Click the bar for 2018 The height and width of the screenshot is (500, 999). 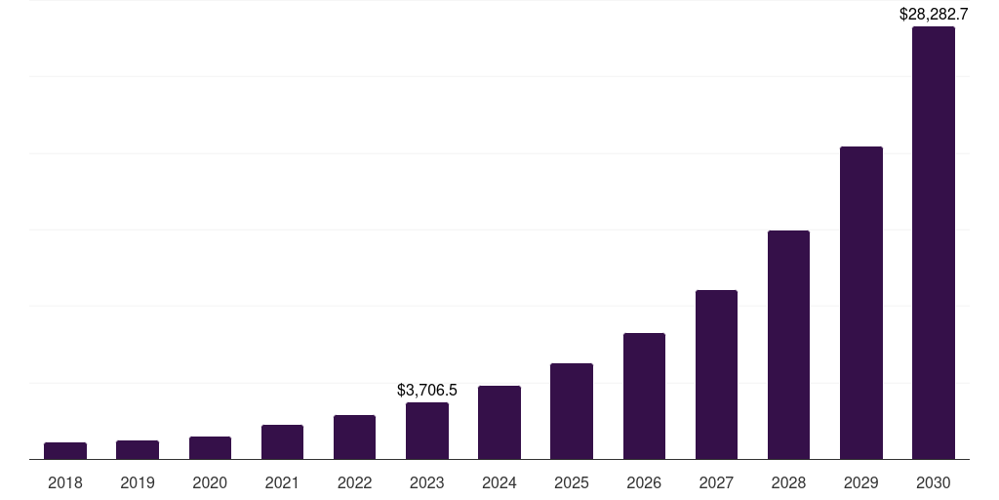click(65, 450)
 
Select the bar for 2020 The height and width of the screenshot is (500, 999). click(210, 447)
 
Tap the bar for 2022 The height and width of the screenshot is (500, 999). click(354, 437)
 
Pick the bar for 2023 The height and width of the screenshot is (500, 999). click(426, 431)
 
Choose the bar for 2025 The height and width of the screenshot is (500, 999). click(572, 411)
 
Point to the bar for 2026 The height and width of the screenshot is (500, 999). click(644, 396)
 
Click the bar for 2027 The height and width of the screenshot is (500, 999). click(716, 374)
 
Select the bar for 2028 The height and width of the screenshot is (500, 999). click(788, 345)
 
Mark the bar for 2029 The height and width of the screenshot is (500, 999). click(860, 303)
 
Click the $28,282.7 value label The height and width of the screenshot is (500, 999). click(933, 15)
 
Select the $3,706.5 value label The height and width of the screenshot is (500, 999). click(426, 390)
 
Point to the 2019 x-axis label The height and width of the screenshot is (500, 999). click(138, 482)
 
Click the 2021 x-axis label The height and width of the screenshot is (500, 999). click(282, 482)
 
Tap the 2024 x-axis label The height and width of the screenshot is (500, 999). click(499, 482)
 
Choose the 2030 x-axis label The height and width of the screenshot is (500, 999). click(933, 482)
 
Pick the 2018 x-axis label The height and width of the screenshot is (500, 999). click(65, 482)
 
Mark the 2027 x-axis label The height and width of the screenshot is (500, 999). click(716, 482)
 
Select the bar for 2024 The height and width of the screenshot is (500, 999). click(499, 422)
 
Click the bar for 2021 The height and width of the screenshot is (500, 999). click(282, 441)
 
